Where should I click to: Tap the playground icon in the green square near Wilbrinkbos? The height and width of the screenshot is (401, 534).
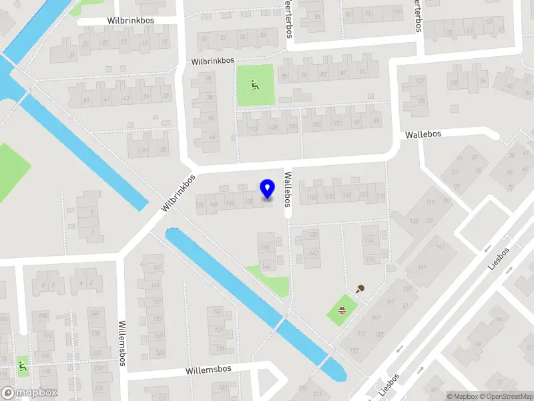point(254,85)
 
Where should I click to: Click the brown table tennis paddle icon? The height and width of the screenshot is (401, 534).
point(361,289)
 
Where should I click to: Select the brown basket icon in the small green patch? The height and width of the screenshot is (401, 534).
point(342,309)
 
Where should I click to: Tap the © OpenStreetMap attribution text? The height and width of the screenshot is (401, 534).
point(508,396)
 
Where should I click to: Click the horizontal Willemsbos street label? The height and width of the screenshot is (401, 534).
point(208,369)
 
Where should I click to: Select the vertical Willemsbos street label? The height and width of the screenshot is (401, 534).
point(123,342)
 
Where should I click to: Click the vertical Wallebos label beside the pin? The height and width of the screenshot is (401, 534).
point(288,190)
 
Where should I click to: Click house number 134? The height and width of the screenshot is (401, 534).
point(313,196)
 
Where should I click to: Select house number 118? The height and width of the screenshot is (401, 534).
point(380,196)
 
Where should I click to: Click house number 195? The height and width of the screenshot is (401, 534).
point(353,350)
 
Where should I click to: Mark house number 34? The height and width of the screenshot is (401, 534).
point(209,78)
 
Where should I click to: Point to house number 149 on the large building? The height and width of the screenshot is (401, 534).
point(422,268)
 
